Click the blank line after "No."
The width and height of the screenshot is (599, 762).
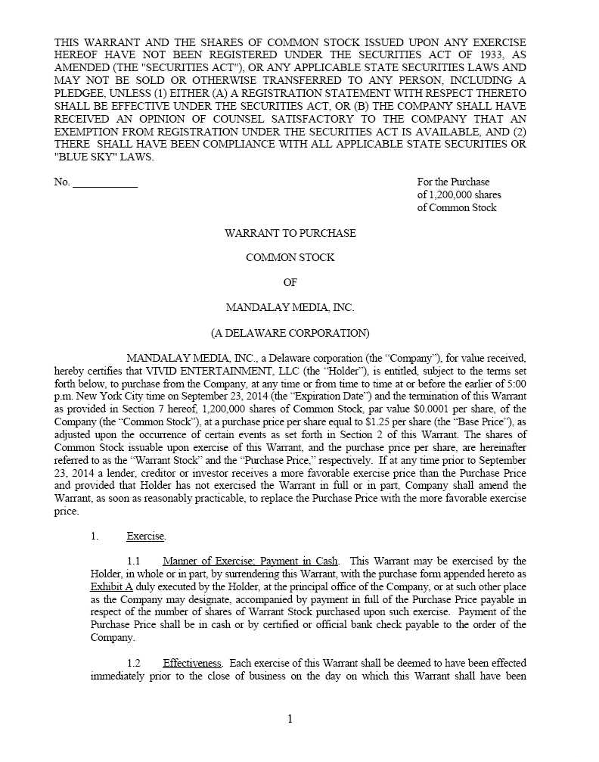[105, 182]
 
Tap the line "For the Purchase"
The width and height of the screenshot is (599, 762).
[453, 182]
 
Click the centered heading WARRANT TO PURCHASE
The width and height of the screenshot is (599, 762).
[290, 233]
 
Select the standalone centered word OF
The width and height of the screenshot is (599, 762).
[290, 282]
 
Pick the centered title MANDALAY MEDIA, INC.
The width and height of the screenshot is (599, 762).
[290, 307]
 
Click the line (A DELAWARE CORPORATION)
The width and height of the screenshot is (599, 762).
[290, 333]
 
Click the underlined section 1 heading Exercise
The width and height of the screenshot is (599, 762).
[145, 537]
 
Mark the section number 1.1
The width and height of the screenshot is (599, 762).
[134, 561]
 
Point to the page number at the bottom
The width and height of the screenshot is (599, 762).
[290, 719]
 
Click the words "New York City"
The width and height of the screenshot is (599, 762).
[107, 396]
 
